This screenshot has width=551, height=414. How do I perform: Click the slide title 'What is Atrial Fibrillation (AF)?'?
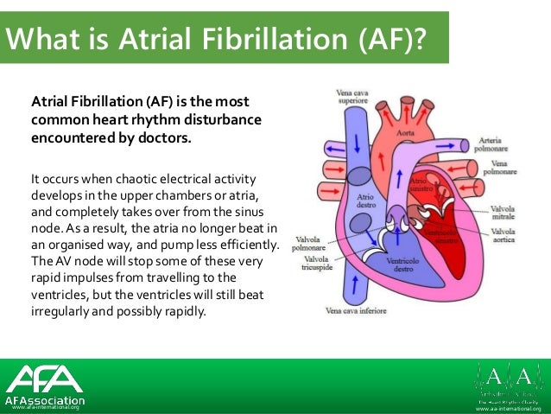click(216, 39)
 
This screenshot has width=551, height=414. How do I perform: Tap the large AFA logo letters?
click(44, 379)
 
